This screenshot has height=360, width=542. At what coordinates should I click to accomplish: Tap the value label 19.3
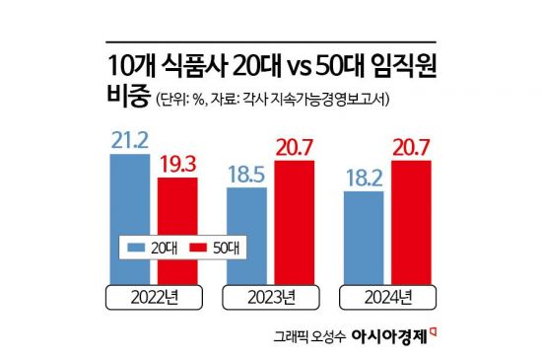click(x=177, y=161)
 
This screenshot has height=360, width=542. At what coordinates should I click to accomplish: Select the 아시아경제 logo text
click(x=393, y=336)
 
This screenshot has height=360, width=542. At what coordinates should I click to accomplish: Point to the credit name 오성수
click(x=327, y=337)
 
